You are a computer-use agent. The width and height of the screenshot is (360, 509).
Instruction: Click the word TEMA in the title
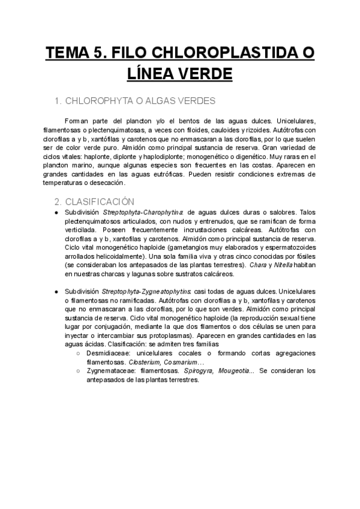67,53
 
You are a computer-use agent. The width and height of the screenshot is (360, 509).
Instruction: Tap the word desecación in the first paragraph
106,182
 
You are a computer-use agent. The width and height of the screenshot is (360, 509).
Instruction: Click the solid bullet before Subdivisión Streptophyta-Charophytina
56,212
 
